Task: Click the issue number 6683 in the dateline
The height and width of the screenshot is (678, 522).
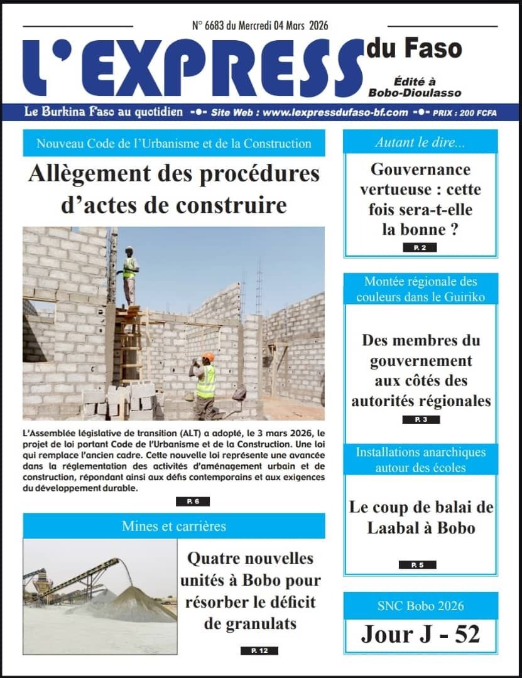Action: [218, 26]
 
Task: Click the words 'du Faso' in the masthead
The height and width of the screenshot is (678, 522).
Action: [414, 48]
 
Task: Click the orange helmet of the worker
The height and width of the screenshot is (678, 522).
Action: [209, 357]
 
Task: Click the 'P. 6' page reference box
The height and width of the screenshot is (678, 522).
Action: [192, 502]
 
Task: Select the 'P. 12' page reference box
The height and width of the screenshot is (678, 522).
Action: [259, 651]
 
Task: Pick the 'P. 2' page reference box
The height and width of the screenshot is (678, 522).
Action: [420, 248]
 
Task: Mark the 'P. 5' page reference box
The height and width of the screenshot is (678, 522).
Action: [417, 565]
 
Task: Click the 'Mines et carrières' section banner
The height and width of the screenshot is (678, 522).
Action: [174, 526]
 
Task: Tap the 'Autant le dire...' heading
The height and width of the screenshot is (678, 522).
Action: [420, 143]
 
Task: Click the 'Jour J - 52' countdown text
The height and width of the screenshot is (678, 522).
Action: [420, 634]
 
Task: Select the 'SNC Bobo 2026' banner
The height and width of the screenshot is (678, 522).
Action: [421, 606]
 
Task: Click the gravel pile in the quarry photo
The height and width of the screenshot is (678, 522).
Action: [135, 604]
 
